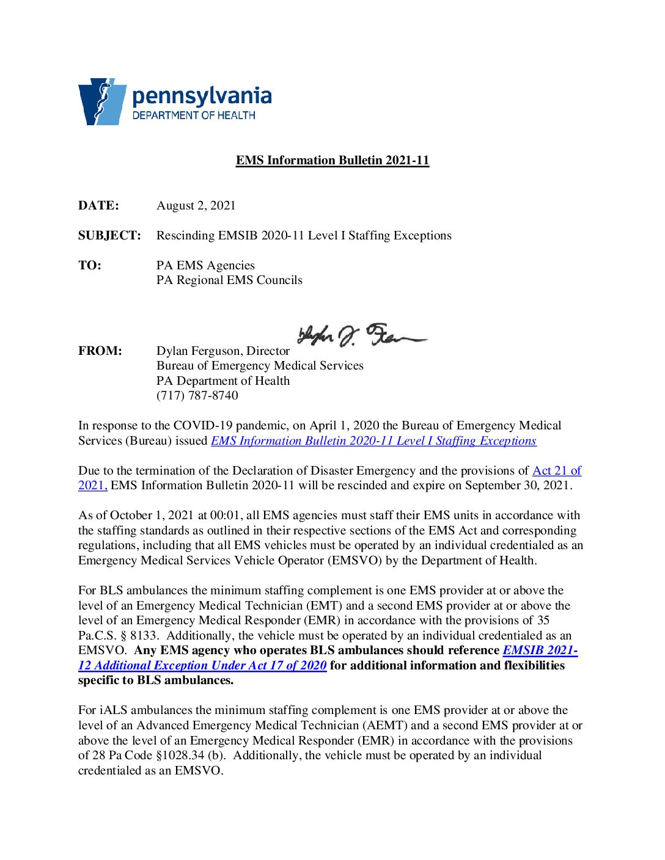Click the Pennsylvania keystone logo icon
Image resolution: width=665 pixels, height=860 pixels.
(x=101, y=101)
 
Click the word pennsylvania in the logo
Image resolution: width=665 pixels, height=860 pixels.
(x=202, y=96)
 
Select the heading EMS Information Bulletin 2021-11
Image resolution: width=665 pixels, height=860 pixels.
(x=332, y=161)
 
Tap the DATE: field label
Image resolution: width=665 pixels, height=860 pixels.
(x=98, y=206)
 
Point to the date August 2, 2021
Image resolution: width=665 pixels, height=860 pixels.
(x=196, y=206)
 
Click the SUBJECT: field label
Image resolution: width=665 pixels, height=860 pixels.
(x=109, y=236)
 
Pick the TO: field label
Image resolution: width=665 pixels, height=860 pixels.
(x=90, y=266)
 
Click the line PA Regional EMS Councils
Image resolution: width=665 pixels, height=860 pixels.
(x=229, y=280)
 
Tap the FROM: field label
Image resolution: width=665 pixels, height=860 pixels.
(x=100, y=351)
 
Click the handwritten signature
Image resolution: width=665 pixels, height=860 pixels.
(x=361, y=335)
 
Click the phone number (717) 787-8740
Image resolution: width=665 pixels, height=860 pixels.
(x=197, y=396)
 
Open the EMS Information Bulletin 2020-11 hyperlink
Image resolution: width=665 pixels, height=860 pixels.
(x=373, y=441)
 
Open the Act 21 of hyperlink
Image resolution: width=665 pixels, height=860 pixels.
(x=556, y=471)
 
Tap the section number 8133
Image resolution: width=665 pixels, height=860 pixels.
(x=143, y=636)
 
